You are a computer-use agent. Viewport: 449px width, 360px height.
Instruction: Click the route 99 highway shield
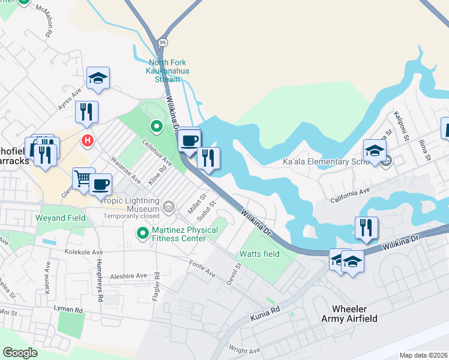[163, 43]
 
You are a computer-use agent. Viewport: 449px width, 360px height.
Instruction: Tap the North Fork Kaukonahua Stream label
[168, 71]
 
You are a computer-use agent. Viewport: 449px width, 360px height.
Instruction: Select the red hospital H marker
[88, 141]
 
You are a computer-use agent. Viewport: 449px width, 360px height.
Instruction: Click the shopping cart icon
[83, 178]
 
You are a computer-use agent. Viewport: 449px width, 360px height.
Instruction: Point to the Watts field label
[259, 254]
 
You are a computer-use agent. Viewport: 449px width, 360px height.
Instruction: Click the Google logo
[20, 352]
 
